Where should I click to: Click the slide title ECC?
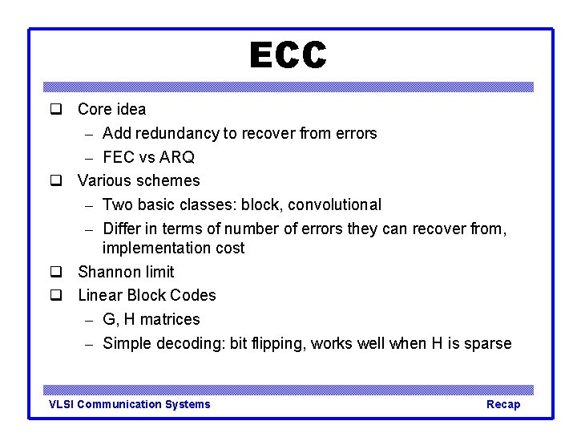pos(288,56)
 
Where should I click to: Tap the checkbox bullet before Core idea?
pos(56,109)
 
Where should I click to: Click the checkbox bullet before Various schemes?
pos(56,180)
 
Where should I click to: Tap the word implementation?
pos(151,248)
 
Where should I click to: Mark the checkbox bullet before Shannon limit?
pos(56,272)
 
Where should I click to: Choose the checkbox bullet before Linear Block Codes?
pos(56,295)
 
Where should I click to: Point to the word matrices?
pos(169,319)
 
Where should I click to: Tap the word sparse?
pos(486,343)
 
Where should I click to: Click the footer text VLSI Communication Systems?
pos(130,404)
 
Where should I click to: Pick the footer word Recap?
pos(503,404)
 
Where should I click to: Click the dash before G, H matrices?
pos(90,320)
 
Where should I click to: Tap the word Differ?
pos(121,229)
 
